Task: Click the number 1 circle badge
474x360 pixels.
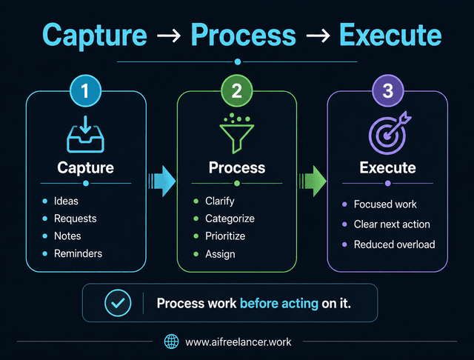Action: coord(86,90)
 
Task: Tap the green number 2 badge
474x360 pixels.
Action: coord(237,90)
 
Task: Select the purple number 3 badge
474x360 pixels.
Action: coord(388,90)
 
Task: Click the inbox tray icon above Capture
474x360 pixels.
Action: coord(86,134)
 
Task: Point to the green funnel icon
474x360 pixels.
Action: coord(237,133)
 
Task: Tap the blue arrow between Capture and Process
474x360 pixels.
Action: coord(161,181)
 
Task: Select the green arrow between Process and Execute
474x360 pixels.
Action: coord(313,181)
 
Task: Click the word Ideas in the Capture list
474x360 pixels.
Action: coord(66,201)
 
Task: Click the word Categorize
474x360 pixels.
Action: coord(230,219)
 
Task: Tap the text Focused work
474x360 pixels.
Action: coord(385,204)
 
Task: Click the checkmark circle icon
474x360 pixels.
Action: coord(118,303)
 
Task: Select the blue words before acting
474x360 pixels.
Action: coord(279,304)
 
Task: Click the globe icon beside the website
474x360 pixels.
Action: coord(171,341)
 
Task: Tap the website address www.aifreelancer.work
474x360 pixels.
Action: coord(238,342)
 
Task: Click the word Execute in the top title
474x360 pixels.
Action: coord(390,35)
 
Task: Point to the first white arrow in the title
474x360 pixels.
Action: coord(169,36)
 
